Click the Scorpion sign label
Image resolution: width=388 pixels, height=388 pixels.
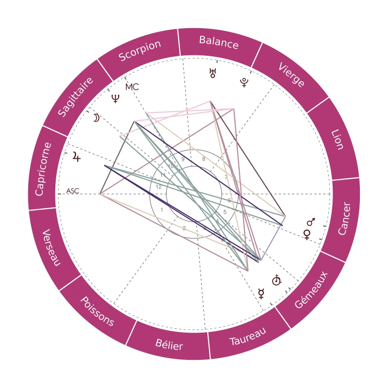[140, 51]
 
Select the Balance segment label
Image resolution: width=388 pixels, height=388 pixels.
[219, 42]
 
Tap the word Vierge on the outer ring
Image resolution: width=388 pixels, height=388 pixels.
[292, 74]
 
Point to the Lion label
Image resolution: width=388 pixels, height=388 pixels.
[337, 139]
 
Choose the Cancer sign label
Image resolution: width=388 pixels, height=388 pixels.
[344, 219]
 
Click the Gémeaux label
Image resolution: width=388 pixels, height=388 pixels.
[311, 291]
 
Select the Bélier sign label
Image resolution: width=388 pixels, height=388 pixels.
[169, 345]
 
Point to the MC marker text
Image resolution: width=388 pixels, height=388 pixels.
[132, 87]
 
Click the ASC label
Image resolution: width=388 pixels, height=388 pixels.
[73, 191]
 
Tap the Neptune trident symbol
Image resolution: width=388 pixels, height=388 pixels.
[115, 99]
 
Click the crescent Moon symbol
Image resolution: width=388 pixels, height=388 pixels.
[96, 118]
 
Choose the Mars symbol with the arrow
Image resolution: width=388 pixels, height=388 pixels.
[311, 222]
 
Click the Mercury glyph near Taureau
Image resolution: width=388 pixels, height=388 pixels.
[261, 294]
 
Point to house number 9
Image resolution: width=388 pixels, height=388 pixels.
[183, 159]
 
